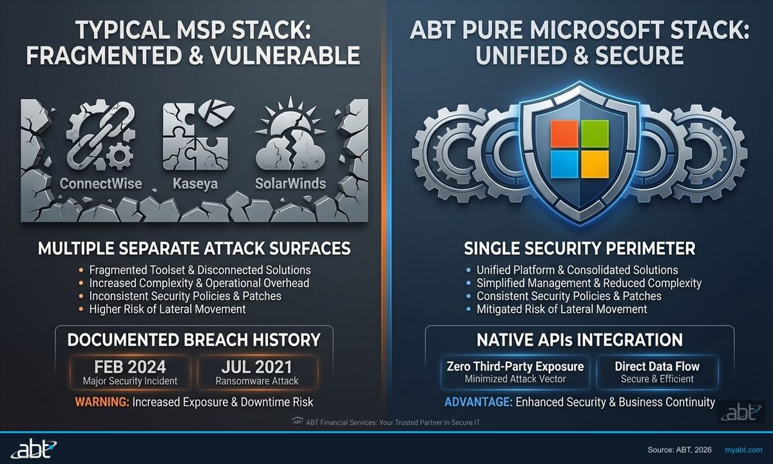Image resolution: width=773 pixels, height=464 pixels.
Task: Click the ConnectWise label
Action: [100, 183]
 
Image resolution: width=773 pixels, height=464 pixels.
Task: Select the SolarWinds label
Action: [291, 183]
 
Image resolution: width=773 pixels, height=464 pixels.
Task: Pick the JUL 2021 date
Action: [257, 367]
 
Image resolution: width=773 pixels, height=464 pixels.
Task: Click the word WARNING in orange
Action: [102, 402]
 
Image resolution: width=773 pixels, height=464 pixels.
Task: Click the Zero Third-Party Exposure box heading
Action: [515, 366]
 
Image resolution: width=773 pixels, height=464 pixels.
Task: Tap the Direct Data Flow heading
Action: [657, 366]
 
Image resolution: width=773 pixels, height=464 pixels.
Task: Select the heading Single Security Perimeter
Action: [579, 248]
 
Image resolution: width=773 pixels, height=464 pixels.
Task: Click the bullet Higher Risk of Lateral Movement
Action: [167, 309]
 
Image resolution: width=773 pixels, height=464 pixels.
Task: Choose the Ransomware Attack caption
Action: [257, 381]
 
